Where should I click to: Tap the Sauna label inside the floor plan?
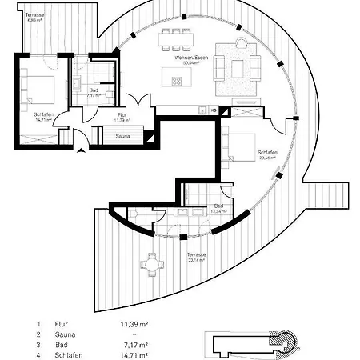(123, 137)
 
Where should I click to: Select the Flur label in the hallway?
(122, 115)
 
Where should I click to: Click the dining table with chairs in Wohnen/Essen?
(178, 38)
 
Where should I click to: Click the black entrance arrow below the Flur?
(78, 154)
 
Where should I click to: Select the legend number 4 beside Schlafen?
(38, 354)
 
